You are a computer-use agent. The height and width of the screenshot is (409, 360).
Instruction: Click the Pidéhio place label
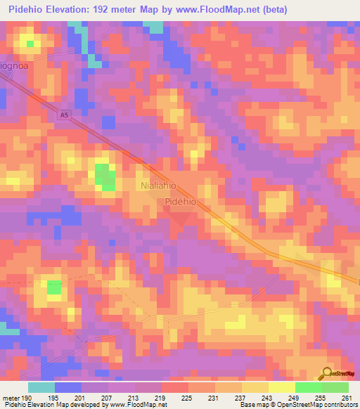[x=184, y=201]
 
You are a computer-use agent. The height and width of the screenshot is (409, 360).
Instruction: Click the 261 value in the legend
[x=347, y=398]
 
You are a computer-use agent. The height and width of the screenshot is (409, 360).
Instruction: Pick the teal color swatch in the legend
[x=41, y=387]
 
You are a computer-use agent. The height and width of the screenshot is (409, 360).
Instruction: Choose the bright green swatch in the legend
[x=308, y=387]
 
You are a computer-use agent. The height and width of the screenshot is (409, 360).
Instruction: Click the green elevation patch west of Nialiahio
[x=105, y=176]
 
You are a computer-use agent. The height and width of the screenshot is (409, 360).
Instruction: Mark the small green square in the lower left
[x=54, y=287]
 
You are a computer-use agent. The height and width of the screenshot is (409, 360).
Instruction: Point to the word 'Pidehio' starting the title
[x=27, y=9]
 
